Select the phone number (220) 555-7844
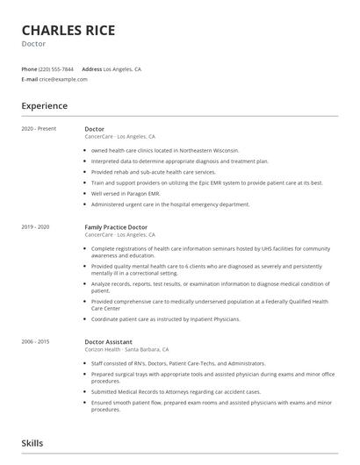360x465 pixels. pyautogui.click(x=56, y=68)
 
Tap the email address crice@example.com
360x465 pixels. pyautogui.click(x=63, y=79)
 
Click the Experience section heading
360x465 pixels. pyautogui.click(x=45, y=106)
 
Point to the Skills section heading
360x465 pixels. pyautogui.click(x=32, y=444)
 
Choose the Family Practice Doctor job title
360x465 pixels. pyautogui.click(x=116, y=227)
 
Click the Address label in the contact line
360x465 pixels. pyautogui.click(x=91, y=68)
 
